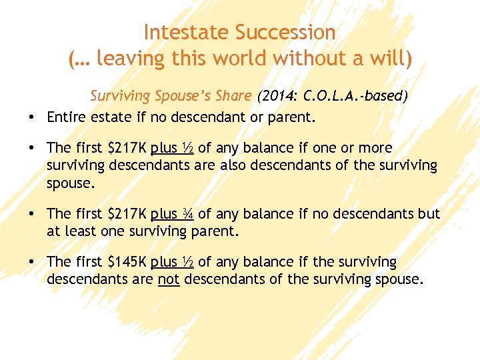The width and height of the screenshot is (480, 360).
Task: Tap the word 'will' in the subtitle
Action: [x=391, y=59]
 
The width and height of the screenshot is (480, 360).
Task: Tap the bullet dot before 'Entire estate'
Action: [x=32, y=117]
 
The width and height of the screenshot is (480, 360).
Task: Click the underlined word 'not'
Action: [x=169, y=280]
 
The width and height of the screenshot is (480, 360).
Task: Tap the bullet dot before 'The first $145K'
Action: [x=32, y=263]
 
